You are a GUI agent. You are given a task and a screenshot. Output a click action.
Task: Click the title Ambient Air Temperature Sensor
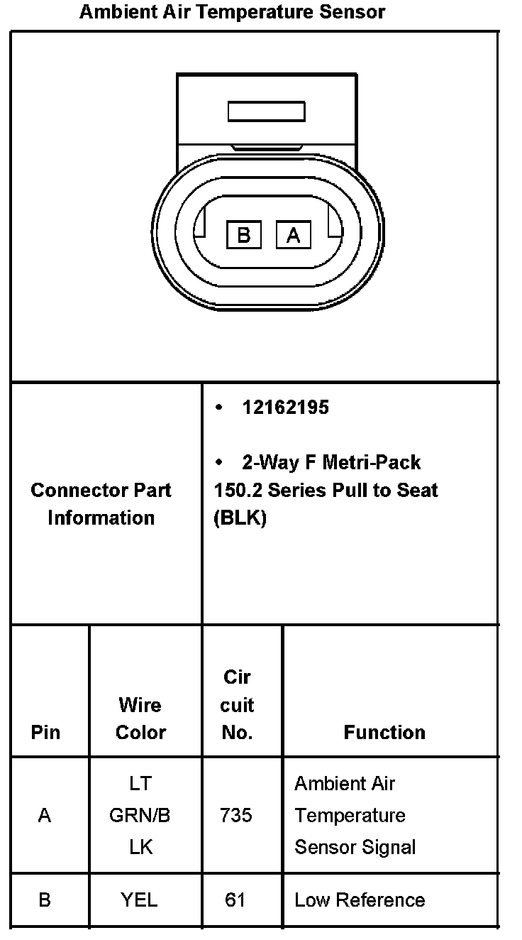coord(232,12)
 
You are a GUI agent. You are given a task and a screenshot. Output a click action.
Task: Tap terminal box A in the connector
coord(293,234)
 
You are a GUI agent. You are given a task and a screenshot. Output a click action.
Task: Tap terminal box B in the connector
coord(244,234)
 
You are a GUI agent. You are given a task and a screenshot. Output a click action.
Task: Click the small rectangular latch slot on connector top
coord(266,111)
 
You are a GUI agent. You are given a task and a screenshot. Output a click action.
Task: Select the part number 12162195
coord(285,408)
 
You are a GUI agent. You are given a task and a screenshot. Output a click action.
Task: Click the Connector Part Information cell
coord(101,503)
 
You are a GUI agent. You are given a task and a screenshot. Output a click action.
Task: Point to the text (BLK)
coord(240,518)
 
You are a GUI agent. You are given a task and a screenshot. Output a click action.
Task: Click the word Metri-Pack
coord(372,463)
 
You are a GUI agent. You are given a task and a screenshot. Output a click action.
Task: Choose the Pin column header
coord(45,732)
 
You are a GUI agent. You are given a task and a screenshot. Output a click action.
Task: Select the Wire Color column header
coord(140,718)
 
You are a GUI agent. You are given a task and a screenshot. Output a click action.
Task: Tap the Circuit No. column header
coord(237,705)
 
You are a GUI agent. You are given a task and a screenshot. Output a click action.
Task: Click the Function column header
coord(384,732)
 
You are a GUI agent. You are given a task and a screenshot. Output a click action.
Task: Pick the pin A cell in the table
coord(45,816)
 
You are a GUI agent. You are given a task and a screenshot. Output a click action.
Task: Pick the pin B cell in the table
coord(45,900)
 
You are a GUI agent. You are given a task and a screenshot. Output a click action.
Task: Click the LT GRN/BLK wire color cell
coord(140,816)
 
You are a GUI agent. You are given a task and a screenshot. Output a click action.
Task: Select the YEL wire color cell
coord(139,900)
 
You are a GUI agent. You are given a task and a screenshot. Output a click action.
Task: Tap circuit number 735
coord(235,816)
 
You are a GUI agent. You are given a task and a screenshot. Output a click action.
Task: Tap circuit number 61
coord(235,900)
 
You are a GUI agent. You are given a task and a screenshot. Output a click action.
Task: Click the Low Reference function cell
coord(360,900)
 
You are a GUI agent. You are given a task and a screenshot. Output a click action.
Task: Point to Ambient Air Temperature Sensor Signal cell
coord(355,816)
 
